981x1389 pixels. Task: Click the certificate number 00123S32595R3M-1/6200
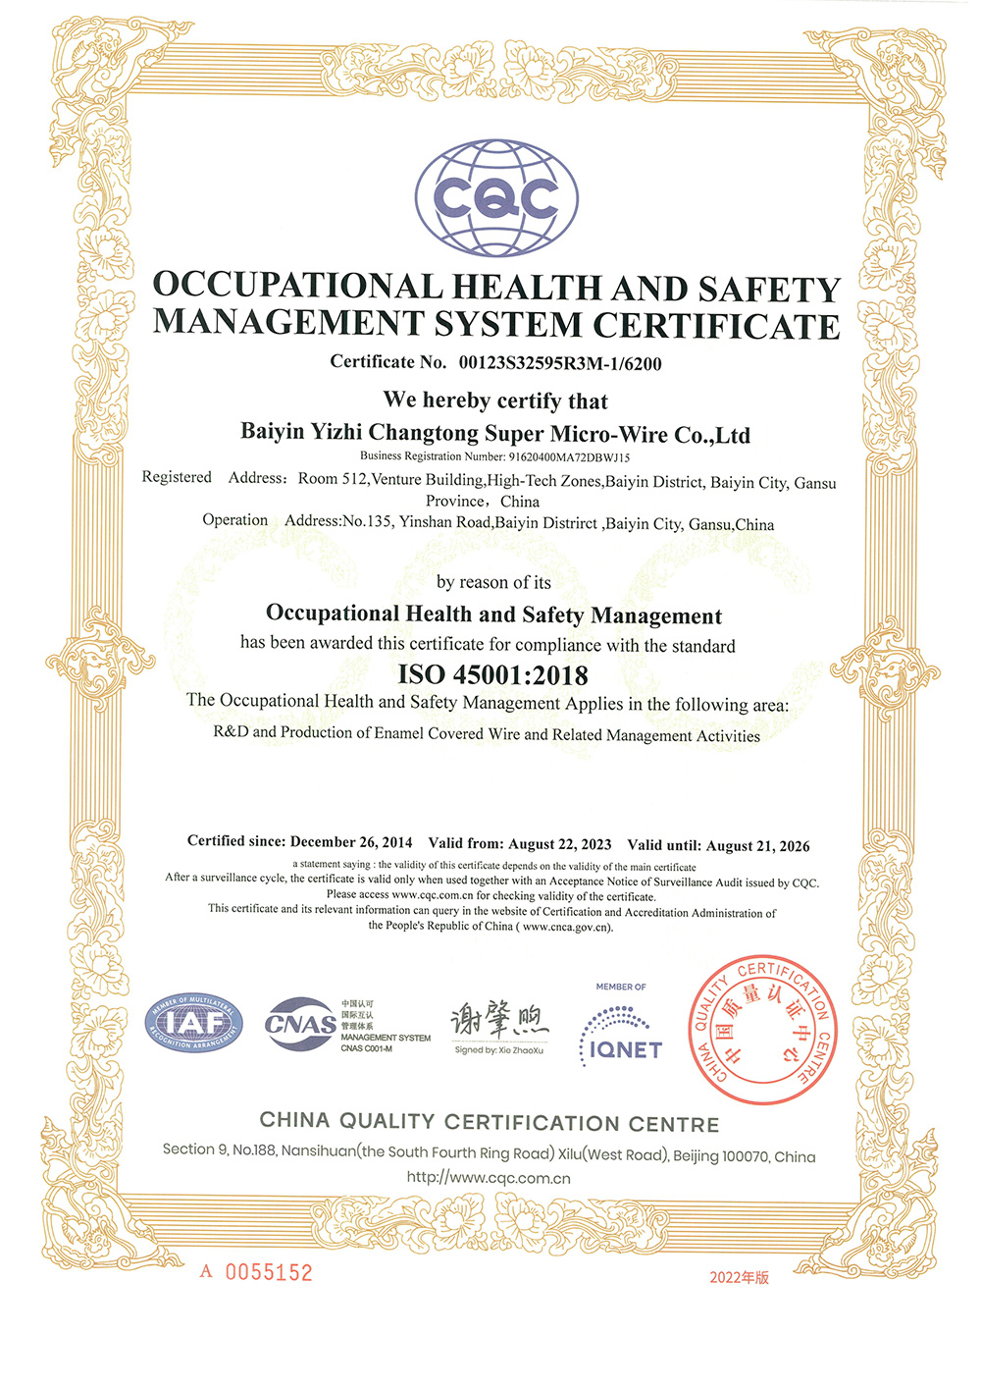click(x=560, y=363)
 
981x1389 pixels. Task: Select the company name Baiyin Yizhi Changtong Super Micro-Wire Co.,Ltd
click(x=495, y=433)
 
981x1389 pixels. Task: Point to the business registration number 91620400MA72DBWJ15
click(x=569, y=456)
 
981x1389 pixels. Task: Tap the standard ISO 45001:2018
click(x=493, y=675)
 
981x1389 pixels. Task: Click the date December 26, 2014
click(x=351, y=842)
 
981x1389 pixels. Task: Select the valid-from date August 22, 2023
click(x=559, y=844)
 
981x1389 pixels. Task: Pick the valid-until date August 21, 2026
click(x=757, y=846)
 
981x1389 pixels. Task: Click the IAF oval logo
click(x=193, y=1024)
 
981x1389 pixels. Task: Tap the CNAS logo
click(x=301, y=1024)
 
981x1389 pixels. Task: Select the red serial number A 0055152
click(x=257, y=1272)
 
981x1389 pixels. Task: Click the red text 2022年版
click(x=739, y=1277)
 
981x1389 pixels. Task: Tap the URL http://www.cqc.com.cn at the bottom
click(x=489, y=1178)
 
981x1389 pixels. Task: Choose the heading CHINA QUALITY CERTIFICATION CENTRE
click(x=490, y=1122)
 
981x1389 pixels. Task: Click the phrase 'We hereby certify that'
click(x=495, y=401)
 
